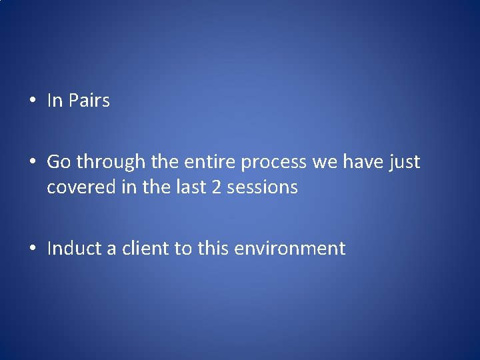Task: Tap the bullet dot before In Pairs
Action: tap(32, 101)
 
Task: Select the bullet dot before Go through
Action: tap(32, 162)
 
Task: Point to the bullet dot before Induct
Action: tap(32, 249)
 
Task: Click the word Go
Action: tap(59, 162)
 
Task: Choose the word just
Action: tap(403, 162)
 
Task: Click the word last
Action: tap(193, 187)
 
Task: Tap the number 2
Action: tap(216, 187)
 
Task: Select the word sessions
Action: tap(262, 187)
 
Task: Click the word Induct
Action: tap(73, 249)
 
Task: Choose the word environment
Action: tap(290, 249)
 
